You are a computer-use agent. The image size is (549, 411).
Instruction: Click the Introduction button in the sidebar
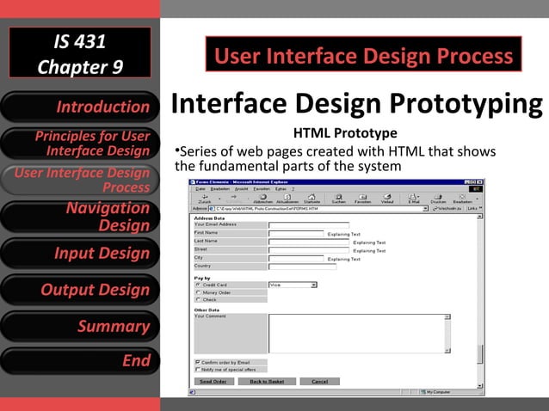(x=80, y=107)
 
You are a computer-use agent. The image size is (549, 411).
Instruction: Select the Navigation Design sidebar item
(x=80, y=217)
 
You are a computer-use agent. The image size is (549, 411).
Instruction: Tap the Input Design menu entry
(x=80, y=254)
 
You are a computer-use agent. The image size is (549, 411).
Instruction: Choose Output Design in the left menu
(x=80, y=290)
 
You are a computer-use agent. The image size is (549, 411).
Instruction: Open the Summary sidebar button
(x=80, y=326)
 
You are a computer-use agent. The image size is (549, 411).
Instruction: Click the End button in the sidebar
(x=80, y=361)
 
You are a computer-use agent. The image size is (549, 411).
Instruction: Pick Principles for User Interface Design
(x=80, y=144)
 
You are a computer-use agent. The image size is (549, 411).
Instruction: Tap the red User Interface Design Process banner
(x=363, y=58)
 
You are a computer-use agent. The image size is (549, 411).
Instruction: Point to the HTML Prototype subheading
(x=345, y=133)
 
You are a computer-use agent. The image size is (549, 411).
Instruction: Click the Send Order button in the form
(x=213, y=381)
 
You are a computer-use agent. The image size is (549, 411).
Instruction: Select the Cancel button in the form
(x=319, y=381)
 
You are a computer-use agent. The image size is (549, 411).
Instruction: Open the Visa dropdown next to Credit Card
(x=293, y=285)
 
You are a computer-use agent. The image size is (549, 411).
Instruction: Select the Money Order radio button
(x=199, y=292)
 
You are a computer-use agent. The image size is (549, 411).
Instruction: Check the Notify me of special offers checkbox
(x=199, y=370)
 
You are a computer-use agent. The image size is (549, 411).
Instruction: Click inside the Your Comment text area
(x=356, y=333)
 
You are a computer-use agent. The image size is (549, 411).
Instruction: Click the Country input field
(x=296, y=266)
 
